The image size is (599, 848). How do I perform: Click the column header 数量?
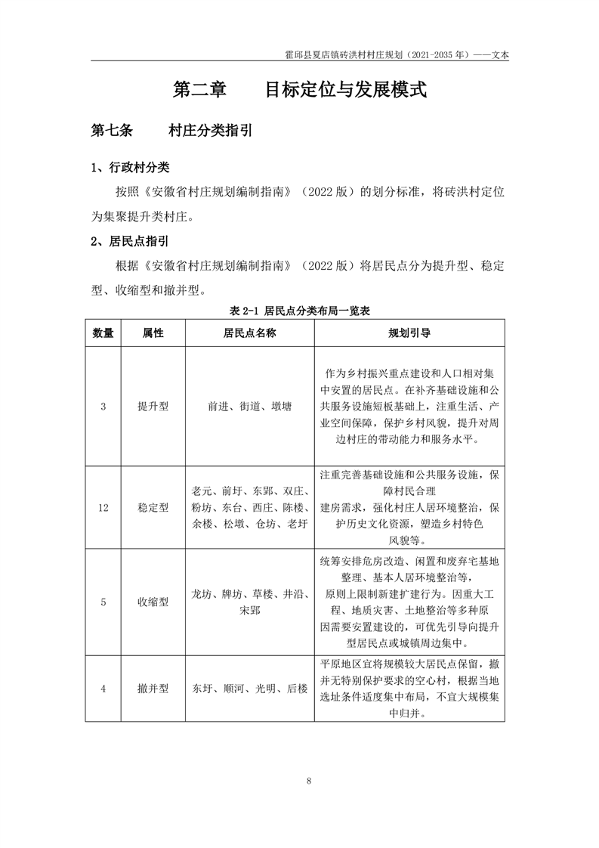pos(103,333)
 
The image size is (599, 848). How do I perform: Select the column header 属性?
pos(153,333)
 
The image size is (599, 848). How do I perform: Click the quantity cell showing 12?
pos(103,508)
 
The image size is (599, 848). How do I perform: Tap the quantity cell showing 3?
pos(103,406)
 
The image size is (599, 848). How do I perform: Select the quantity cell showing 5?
pos(103,602)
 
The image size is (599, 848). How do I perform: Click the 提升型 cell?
pos(153,406)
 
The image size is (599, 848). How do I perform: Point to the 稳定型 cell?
pos(153,508)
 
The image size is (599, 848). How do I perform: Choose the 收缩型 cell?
pos(153,602)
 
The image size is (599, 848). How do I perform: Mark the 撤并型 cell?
pos(153,689)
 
